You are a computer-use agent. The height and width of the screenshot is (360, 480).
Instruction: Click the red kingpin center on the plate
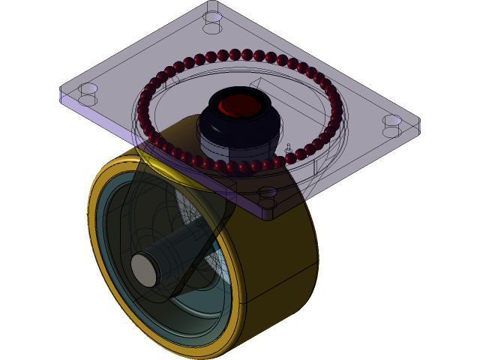[238, 106]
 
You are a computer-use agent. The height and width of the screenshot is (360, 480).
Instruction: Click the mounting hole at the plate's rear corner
[213, 16]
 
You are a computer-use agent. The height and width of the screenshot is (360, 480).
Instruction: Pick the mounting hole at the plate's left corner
[88, 88]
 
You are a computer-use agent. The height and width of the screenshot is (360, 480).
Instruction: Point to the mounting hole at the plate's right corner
[392, 120]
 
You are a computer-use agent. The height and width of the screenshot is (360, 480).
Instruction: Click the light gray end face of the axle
[145, 268]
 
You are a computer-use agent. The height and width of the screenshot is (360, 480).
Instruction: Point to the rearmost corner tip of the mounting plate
[213, 3]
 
